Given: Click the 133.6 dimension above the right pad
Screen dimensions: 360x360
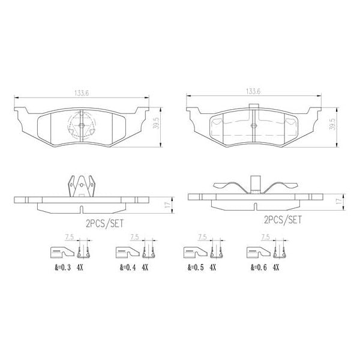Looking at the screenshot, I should coord(252,92).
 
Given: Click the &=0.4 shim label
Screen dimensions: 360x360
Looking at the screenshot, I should coord(127,269).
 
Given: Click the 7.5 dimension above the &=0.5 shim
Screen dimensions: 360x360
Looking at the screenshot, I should coord(202,238).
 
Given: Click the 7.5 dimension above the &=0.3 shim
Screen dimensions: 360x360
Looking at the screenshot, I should coord(69,238).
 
